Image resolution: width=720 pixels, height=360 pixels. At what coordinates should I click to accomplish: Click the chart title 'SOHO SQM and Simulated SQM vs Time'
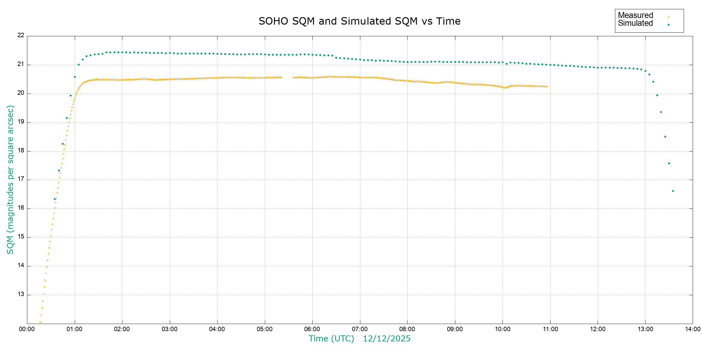[359, 21]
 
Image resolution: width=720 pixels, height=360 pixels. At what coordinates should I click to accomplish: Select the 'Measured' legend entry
[635, 15]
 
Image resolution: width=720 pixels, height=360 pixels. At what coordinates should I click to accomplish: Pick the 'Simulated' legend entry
[635, 23]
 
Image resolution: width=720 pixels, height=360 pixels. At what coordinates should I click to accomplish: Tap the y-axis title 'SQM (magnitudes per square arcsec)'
[10, 179]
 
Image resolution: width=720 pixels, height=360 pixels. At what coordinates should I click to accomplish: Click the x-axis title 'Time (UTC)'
[331, 339]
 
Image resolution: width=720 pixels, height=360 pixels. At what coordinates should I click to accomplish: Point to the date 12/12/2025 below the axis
[387, 339]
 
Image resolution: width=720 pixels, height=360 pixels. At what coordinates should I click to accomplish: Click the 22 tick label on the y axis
[21, 35]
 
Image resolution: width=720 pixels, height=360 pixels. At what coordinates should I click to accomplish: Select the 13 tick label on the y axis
[21, 294]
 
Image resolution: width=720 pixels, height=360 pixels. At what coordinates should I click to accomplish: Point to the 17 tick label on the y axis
[21, 179]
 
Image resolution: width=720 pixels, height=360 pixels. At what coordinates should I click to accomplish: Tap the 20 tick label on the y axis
[21, 93]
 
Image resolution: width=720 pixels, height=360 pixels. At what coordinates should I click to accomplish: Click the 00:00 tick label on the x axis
[27, 329]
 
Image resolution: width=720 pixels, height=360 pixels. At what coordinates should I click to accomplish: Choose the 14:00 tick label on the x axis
[693, 329]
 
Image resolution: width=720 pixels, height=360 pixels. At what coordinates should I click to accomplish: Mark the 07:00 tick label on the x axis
[360, 329]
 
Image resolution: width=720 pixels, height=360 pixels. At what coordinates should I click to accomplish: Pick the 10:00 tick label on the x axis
[502, 329]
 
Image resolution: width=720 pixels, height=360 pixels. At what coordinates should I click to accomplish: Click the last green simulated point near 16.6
[673, 191]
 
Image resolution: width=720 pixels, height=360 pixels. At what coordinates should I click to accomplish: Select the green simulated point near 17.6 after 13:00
[669, 163]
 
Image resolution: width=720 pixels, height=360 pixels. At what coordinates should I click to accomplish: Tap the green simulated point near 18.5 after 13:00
[665, 136]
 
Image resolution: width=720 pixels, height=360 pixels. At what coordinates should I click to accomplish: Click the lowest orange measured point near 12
[40, 322]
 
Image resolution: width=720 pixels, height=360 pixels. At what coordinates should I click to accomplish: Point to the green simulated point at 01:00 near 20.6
[75, 77]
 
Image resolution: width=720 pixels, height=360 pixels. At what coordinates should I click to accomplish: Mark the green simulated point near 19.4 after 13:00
[661, 112]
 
